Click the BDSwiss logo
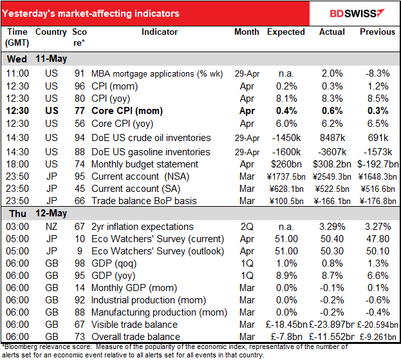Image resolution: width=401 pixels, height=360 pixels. (x=356, y=14)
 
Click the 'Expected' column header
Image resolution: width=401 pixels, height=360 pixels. (x=286, y=32)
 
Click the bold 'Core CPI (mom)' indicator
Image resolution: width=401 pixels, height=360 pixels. (x=123, y=109)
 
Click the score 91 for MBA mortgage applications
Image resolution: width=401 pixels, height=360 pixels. (x=80, y=73)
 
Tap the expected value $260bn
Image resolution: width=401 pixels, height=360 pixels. (x=286, y=165)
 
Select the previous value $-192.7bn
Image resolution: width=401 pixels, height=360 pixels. (x=378, y=165)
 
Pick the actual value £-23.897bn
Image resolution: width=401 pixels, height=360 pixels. (x=333, y=325)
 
